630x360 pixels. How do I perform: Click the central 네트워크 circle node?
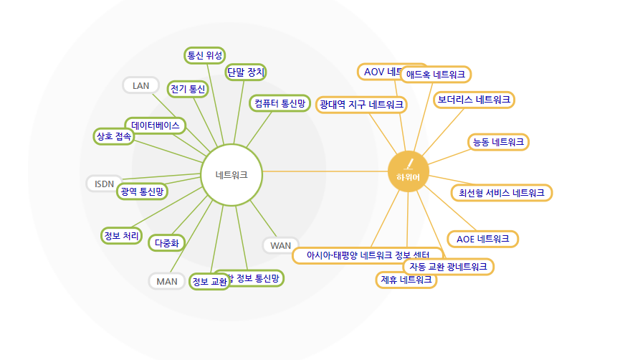click(232, 174)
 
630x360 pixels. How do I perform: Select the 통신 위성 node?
click(205, 55)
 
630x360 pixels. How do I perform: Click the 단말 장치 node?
click(246, 72)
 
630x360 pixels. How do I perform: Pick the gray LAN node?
click(141, 85)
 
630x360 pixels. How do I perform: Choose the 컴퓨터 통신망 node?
click(280, 103)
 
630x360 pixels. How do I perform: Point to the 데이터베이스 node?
click(156, 125)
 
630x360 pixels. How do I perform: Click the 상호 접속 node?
click(113, 136)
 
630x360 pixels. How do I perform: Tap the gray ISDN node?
click(105, 184)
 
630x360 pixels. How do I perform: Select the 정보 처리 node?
click(121, 235)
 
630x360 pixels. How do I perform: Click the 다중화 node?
click(168, 243)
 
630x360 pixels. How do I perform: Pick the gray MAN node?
click(167, 281)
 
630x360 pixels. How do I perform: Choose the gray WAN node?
click(281, 245)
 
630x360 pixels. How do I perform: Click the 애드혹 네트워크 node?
click(436, 74)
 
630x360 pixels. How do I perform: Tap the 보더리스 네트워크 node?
click(474, 100)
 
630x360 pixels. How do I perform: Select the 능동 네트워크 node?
click(498, 142)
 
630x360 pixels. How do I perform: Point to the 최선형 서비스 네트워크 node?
click(502, 192)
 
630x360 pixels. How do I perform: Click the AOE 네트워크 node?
click(482, 238)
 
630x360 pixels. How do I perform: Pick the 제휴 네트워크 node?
click(406, 280)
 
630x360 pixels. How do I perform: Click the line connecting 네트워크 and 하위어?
click(323, 172)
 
